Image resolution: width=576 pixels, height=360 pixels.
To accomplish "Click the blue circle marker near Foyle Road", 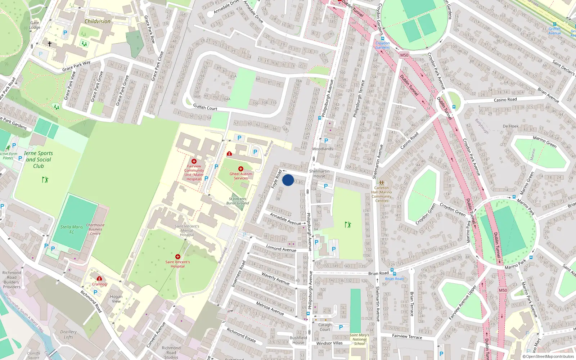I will (x=288, y=180).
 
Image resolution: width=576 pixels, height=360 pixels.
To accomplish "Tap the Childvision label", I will (x=98, y=21).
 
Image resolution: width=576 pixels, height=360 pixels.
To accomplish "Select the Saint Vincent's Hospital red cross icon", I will (x=177, y=257).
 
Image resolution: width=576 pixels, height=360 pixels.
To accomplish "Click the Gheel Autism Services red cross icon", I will (x=241, y=169).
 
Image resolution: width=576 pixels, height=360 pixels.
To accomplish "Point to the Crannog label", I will (x=99, y=284).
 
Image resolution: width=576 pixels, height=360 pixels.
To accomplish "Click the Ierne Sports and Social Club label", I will (x=39, y=159).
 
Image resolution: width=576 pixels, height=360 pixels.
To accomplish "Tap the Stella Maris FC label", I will (x=72, y=229).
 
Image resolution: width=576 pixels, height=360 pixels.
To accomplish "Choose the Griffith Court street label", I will (x=205, y=107).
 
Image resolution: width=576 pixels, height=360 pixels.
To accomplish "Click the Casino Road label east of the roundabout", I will (x=505, y=100).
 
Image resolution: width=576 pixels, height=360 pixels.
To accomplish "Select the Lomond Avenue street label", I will (x=281, y=248).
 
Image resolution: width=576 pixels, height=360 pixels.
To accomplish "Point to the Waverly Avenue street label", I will (x=275, y=278).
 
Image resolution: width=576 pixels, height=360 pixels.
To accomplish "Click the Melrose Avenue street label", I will (x=270, y=308).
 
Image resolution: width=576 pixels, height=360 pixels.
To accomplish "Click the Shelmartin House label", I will (x=319, y=174).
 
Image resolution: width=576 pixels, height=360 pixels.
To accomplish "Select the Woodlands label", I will (x=323, y=149).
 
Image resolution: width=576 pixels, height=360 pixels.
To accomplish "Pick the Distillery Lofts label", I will (x=68, y=334).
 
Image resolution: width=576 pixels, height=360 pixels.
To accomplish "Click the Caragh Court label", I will (x=325, y=327).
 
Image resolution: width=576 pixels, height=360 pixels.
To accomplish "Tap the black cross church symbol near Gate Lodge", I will (x=50, y=44).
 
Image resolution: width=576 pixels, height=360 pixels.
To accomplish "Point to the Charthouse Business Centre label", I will (x=95, y=229).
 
